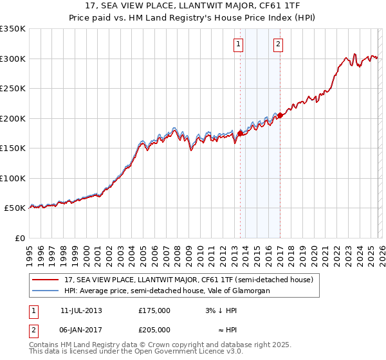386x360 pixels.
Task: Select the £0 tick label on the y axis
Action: click(21, 238)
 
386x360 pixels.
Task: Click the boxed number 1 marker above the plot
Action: click(239, 44)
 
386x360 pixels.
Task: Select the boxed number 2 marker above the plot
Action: click(278, 44)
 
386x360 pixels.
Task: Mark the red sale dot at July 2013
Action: click(240, 133)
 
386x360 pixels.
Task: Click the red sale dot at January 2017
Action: click(280, 116)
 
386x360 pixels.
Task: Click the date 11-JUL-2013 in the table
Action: click(81, 310)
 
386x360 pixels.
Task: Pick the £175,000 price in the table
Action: click(154, 310)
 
